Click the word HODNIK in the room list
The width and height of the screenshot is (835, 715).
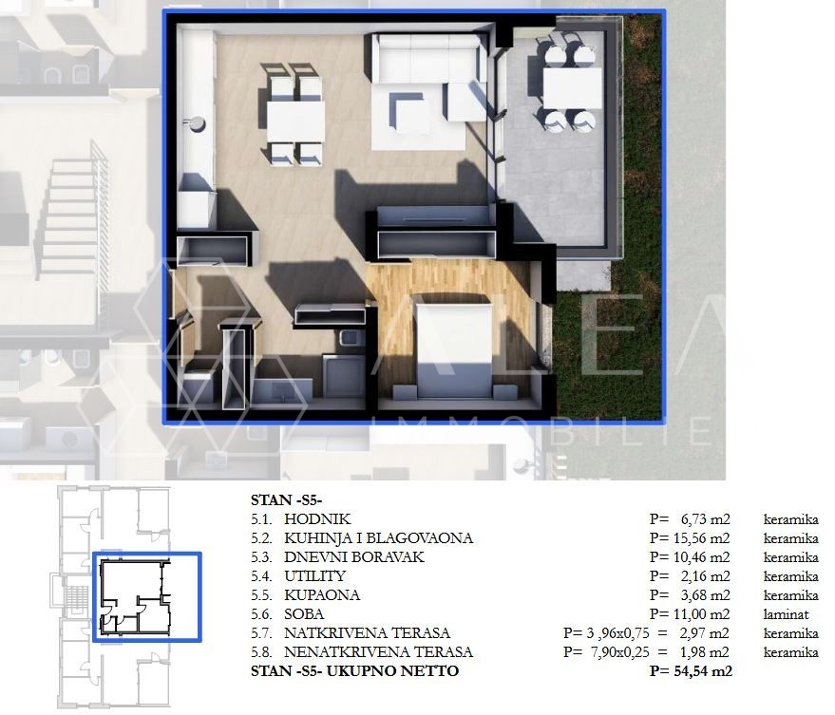coord(317,519)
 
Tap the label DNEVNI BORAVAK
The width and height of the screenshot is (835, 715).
coord(354,556)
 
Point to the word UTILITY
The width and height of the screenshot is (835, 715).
coord(314,576)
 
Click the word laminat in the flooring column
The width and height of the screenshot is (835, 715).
coord(786,614)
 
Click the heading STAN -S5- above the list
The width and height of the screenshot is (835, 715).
coord(287,499)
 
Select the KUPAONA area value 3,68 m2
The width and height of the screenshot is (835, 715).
coord(705,595)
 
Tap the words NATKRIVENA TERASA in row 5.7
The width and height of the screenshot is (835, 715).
coord(367,633)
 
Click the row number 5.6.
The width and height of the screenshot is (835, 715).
coord(261,614)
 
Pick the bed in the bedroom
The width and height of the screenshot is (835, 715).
coord(453,349)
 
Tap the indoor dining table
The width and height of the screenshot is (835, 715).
coord(295,121)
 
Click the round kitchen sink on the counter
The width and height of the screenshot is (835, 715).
coord(197,123)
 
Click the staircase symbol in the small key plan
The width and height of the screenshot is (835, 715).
coord(78,596)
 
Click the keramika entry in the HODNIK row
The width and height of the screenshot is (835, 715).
coord(790,519)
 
